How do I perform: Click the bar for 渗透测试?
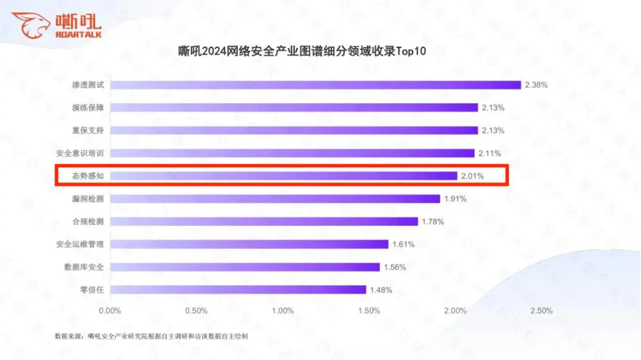point(315,85)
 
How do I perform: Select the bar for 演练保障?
point(294,107)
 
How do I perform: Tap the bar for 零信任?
point(238,289)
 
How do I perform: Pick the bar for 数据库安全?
point(245,267)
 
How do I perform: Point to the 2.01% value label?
point(472,176)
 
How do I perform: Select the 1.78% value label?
point(433,222)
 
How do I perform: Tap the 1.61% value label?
point(403,244)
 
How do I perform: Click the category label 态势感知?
point(88,176)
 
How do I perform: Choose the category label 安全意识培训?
point(80,153)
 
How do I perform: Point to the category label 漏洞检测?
point(88,199)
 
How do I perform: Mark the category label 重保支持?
point(88,130)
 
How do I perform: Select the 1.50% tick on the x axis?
point(369,311)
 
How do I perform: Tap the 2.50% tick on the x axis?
point(542,311)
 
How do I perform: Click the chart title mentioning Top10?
point(302,52)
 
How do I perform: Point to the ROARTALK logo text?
point(78,35)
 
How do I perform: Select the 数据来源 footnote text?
point(151,336)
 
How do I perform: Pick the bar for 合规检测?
point(264,222)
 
